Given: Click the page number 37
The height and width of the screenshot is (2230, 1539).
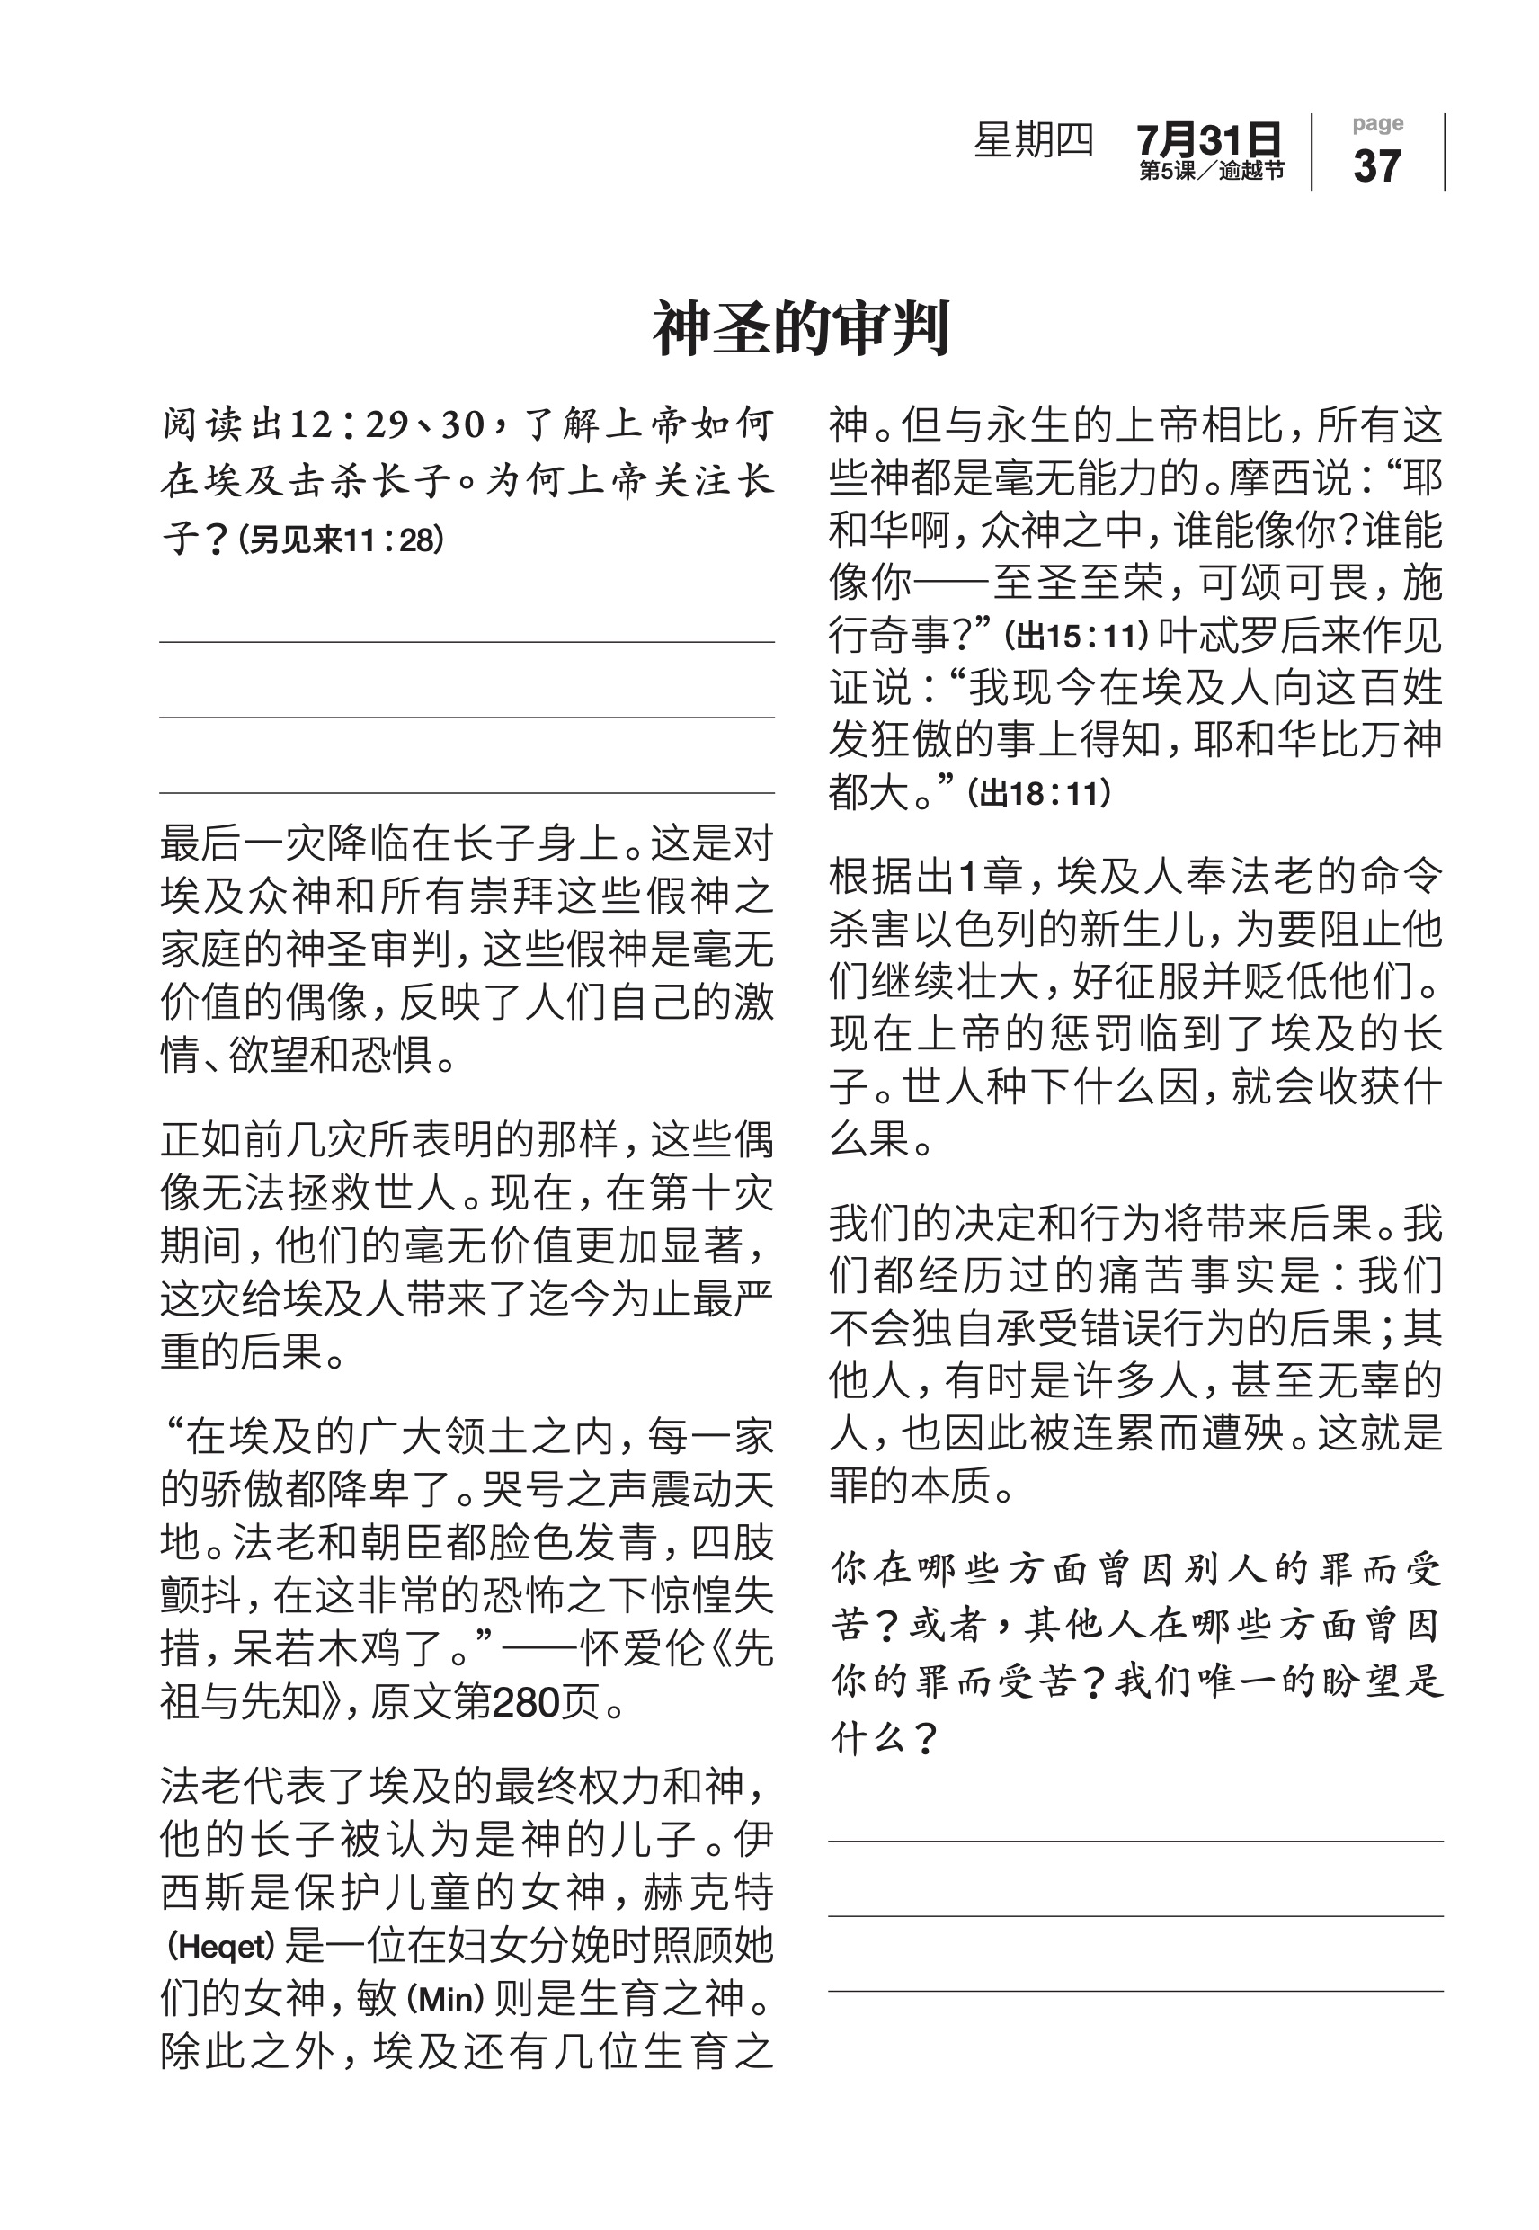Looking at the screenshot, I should (1377, 165).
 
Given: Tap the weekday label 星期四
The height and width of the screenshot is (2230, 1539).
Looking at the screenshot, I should (1033, 141).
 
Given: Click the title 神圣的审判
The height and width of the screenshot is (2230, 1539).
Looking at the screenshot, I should (801, 329).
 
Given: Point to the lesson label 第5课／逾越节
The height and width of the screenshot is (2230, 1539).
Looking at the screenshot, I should (1211, 172).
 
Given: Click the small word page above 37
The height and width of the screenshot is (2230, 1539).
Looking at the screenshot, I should (1377, 123).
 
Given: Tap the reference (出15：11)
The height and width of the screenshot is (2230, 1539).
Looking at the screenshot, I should (1077, 638).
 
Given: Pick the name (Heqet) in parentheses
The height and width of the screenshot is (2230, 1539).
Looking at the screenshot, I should (223, 1947).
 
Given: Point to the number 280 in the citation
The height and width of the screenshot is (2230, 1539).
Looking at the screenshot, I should (527, 1702).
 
